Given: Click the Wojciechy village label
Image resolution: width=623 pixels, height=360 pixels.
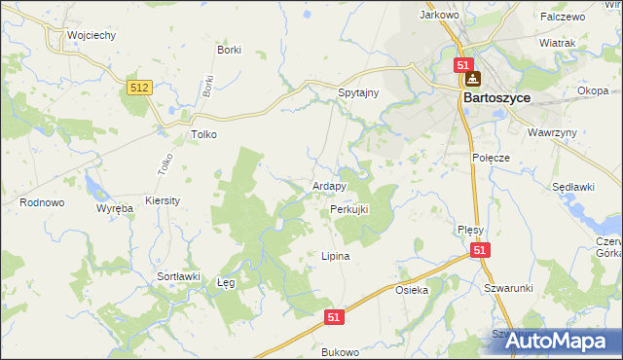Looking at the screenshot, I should [x=92, y=35].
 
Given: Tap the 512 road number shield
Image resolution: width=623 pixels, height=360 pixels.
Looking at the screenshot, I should [x=139, y=89].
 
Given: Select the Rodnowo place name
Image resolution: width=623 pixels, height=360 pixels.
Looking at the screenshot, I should [x=41, y=202].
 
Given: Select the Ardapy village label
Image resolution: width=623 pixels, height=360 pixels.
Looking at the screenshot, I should [x=329, y=186].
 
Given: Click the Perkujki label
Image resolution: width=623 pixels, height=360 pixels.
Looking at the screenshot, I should [x=349, y=209].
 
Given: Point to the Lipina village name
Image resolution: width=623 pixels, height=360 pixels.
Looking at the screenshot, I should [x=335, y=256].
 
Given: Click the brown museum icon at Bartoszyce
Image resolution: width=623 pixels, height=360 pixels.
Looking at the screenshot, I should [x=472, y=80].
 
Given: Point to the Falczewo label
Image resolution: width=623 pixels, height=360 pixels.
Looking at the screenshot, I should [x=563, y=17].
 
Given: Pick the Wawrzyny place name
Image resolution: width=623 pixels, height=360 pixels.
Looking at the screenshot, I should [x=554, y=132].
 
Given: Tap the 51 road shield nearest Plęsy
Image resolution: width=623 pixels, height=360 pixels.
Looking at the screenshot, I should [x=480, y=251].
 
